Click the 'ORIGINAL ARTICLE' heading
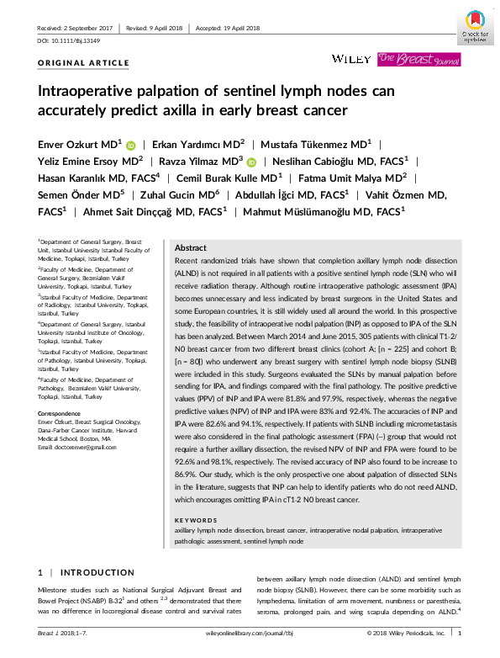(84, 63)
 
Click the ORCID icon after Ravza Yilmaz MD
(251, 162)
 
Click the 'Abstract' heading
(190, 248)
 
